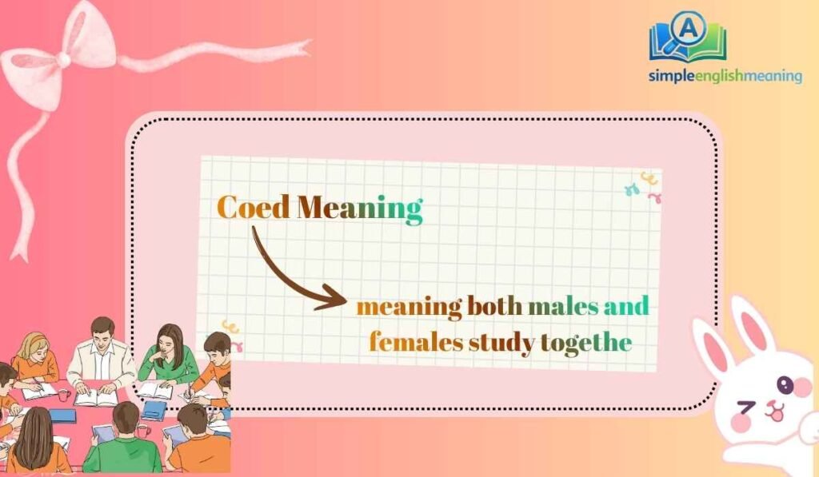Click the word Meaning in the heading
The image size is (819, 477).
(x=359, y=209)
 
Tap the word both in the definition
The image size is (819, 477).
(x=493, y=306)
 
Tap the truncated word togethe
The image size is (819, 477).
(x=585, y=344)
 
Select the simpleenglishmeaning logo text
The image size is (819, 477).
(x=725, y=76)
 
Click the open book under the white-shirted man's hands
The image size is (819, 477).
(x=97, y=396)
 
